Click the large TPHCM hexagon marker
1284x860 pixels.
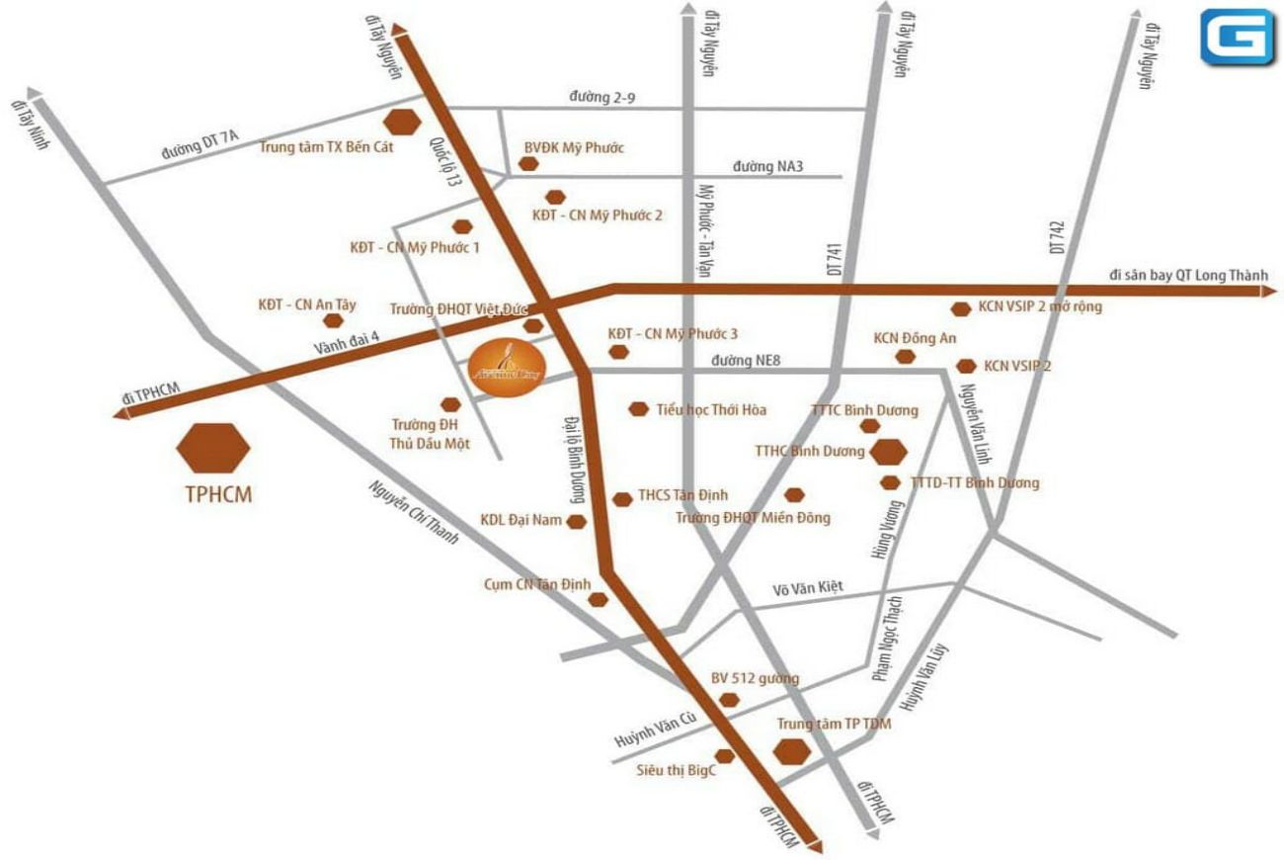coord(213,448)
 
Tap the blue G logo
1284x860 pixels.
coord(1238,38)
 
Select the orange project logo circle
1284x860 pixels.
coord(504,368)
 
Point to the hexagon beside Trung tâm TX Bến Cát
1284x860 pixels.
coord(402,122)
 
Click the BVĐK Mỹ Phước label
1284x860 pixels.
coord(574,148)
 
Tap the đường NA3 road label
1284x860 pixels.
coord(767,166)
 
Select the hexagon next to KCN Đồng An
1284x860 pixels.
coord(906,356)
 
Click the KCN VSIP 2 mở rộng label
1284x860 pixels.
coord(1040,306)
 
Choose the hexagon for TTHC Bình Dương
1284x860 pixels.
coord(889,452)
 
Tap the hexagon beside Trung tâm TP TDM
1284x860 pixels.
coord(792,752)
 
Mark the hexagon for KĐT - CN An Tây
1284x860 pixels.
coord(334,320)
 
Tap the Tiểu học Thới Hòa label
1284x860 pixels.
coord(711,409)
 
